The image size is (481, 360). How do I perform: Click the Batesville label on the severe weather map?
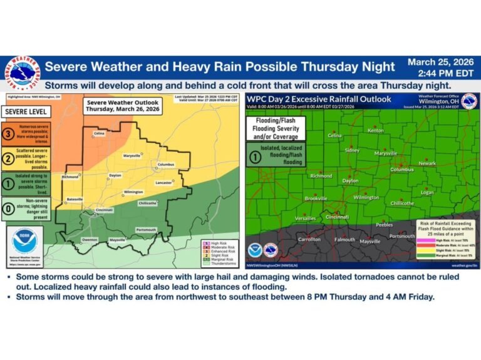tap(75, 199)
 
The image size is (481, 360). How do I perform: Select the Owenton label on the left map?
tap(90, 240)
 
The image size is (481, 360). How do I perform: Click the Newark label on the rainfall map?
tap(427, 163)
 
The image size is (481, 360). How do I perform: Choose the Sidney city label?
tap(353, 151)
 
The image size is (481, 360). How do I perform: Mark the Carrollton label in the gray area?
tap(309, 239)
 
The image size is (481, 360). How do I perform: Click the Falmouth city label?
tap(344, 240)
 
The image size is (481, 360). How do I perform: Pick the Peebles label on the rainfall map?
tap(384, 224)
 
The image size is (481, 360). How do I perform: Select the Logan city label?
tap(427, 193)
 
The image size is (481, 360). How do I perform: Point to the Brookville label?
tap(316, 198)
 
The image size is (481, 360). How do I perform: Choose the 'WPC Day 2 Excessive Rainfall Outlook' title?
tap(319, 99)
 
